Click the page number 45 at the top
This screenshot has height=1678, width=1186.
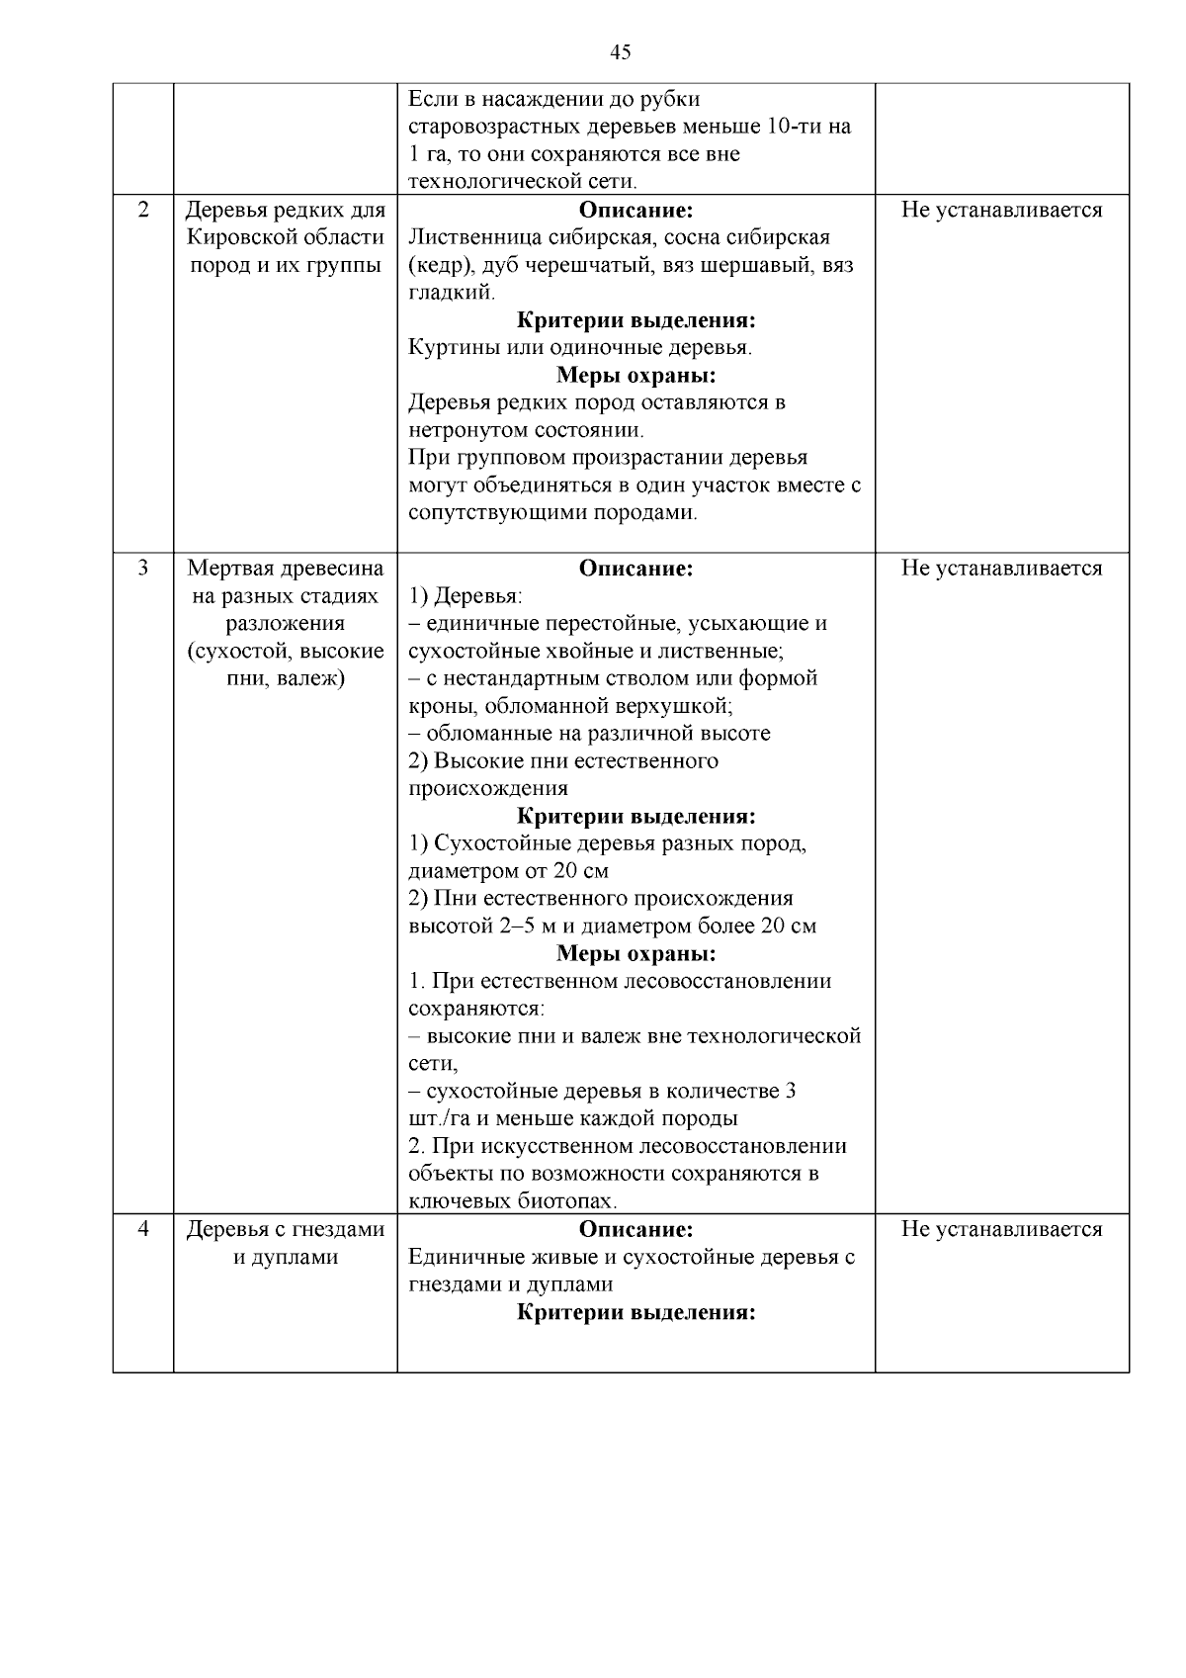pos(621,52)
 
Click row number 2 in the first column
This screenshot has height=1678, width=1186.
pos(143,210)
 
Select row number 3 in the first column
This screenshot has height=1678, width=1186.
pos(143,568)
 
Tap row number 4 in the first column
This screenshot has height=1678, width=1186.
pos(143,1229)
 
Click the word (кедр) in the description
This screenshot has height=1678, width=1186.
pos(436,265)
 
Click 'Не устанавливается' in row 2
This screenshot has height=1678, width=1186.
pos(1001,210)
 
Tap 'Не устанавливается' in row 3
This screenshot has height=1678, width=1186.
pos(1001,568)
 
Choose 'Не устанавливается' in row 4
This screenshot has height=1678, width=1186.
pos(1001,1229)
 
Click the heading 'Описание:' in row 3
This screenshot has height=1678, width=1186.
pos(635,568)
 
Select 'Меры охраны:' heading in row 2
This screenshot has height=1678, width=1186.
pos(635,376)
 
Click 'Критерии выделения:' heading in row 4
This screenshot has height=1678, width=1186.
pos(635,1312)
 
